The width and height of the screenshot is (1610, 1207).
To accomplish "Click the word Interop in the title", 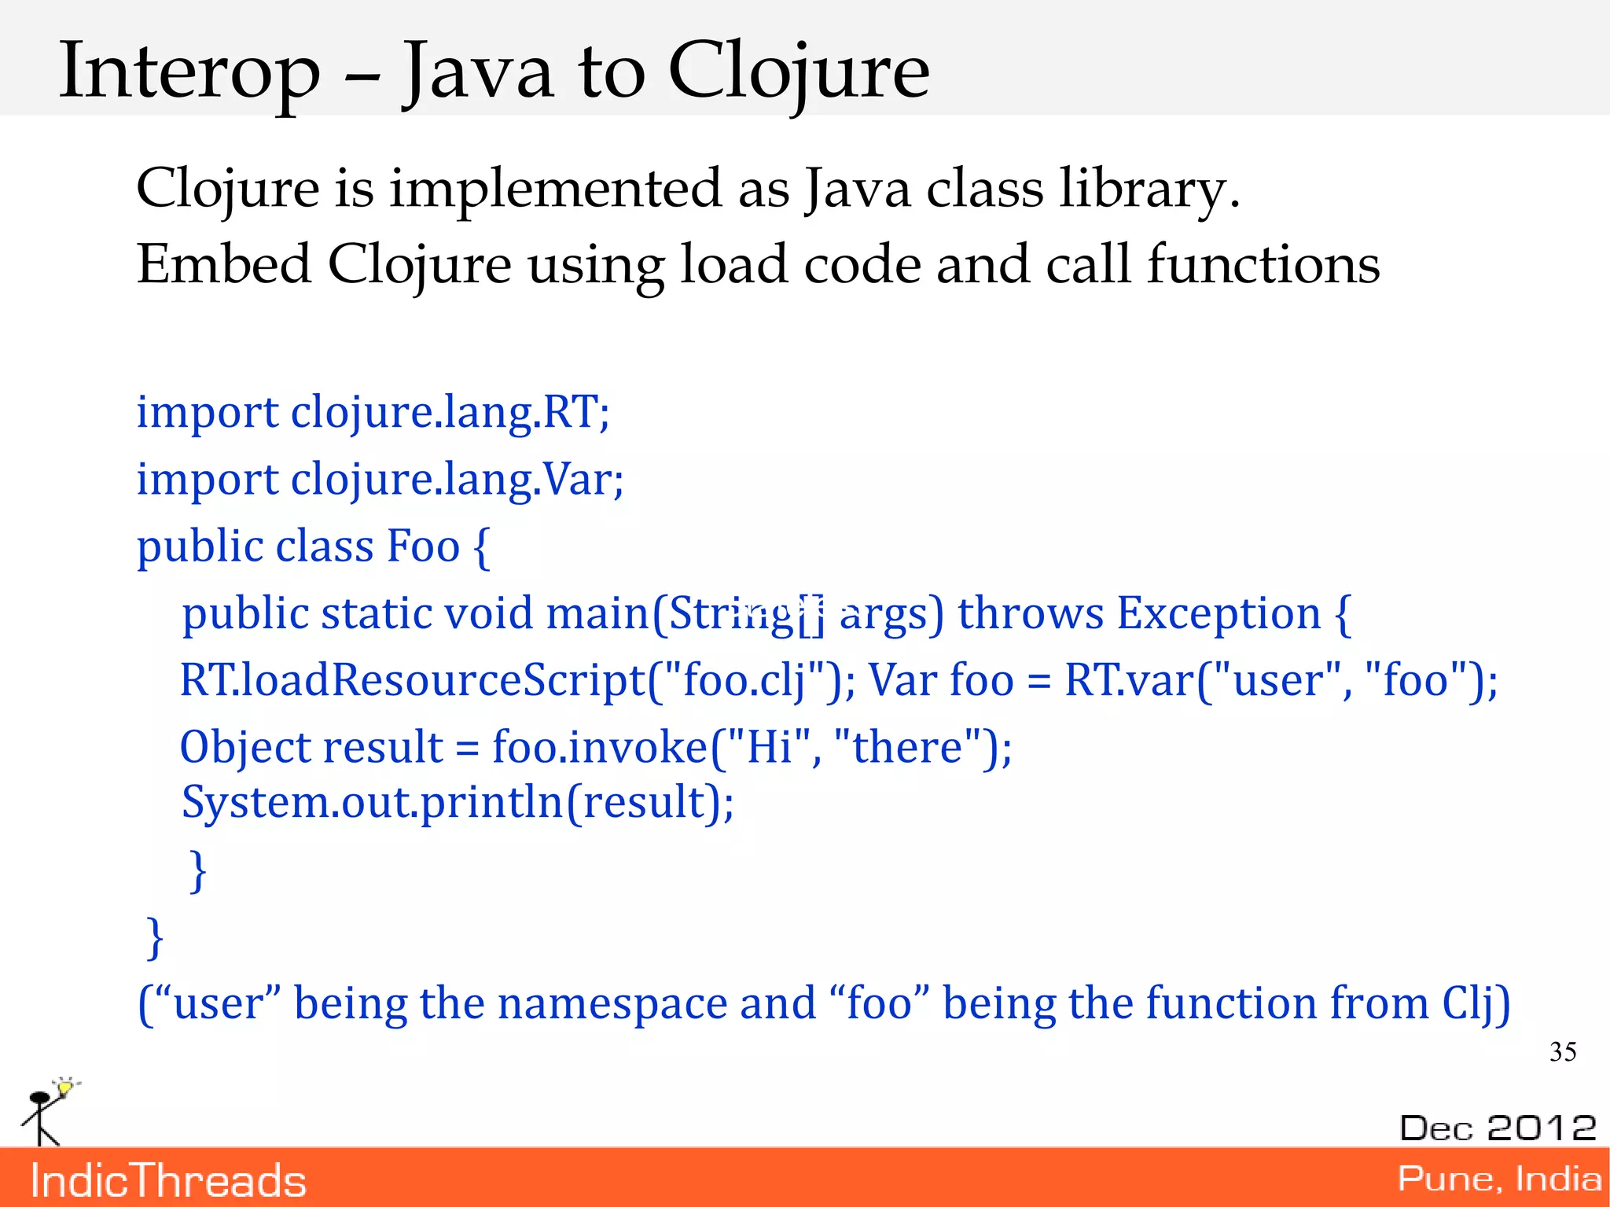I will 189,72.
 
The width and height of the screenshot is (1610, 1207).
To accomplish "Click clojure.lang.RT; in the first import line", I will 450,412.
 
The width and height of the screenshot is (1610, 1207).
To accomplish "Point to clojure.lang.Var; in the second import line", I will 457,480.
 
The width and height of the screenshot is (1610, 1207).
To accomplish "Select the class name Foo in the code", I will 424,546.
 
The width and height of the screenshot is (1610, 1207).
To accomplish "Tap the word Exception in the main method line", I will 1219,613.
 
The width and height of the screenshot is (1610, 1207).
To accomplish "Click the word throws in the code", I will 1030,613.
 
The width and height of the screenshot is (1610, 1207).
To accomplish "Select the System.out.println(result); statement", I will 458,803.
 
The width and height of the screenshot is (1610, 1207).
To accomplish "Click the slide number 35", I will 1562,1052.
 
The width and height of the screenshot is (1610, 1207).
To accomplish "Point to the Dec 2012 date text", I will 1498,1128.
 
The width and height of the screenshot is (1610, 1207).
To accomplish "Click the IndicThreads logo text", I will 167,1180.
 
